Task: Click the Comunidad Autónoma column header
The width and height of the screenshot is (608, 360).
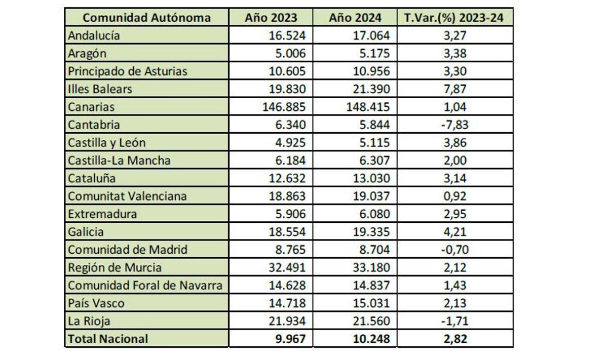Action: point(146,17)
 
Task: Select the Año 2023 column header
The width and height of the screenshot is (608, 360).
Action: point(271,17)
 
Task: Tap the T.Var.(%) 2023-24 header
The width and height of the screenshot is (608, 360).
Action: point(454,17)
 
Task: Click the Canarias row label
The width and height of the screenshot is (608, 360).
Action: point(91,107)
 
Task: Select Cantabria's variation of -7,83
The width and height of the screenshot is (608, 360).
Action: point(454,125)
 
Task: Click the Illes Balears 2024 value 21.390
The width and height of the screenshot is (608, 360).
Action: point(373,89)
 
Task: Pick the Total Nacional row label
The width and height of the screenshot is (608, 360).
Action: point(108,339)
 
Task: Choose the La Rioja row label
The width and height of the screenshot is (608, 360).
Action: point(89,321)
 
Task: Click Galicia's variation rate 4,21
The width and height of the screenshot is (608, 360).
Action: point(454,232)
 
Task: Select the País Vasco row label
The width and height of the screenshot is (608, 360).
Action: point(96,303)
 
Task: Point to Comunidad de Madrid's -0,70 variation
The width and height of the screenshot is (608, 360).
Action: point(454,250)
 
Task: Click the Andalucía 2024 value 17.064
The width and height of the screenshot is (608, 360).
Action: point(373,35)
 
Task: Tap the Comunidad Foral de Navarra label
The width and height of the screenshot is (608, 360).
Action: point(145,285)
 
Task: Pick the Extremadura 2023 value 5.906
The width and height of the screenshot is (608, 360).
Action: point(290,214)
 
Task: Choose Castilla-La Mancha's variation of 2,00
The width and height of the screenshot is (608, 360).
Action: point(454,161)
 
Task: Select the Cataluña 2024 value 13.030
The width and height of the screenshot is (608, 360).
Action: point(373,178)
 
